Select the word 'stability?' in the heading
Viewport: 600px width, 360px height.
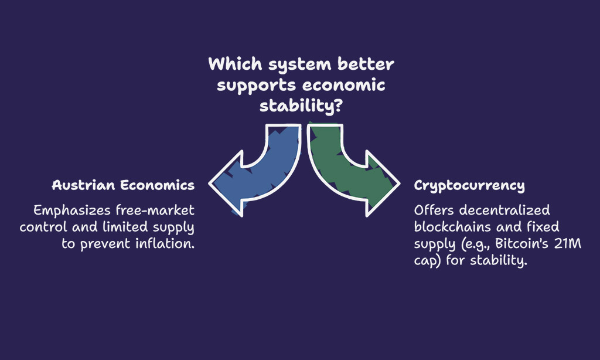(301, 106)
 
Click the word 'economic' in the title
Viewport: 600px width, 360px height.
(344, 85)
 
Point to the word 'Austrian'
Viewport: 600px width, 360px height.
(83, 185)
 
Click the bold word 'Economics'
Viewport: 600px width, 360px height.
(157, 185)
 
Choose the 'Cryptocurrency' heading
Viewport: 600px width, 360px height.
(469, 186)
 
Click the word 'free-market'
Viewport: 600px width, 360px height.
(155, 210)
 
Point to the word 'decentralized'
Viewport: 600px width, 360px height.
(504, 210)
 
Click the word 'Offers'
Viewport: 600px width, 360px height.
(434, 210)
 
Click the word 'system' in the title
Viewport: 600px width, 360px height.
(299, 64)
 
